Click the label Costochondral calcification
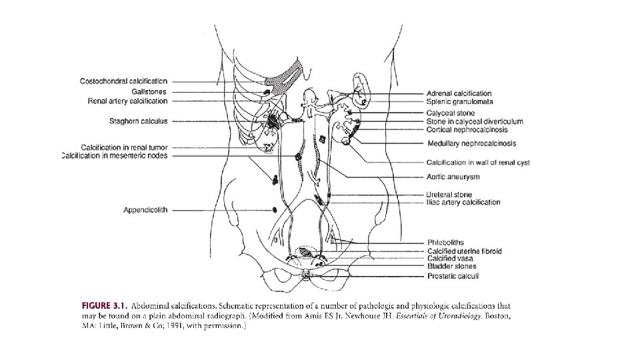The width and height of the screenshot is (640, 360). [123, 81]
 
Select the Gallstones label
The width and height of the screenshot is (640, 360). [149, 91]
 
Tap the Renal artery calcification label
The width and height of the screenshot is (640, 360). [127, 101]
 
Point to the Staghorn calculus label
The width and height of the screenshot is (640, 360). [138, 121]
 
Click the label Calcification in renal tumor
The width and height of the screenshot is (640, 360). [124, 147]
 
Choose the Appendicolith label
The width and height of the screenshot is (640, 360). [145, 210]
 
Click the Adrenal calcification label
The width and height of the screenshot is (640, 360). [459, 93]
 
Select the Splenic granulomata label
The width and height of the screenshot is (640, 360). [459, 101]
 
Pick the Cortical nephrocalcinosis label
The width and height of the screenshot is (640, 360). [471, 129]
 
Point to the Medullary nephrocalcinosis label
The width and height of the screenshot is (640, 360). [471, 143]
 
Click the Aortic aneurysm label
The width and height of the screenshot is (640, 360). [453, 177]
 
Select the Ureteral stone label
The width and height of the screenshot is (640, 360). [449, 195]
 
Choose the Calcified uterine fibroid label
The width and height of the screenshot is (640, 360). [464, 251]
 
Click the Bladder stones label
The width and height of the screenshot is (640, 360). [451, 267]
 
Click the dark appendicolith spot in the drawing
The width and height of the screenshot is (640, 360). [275, 210]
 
